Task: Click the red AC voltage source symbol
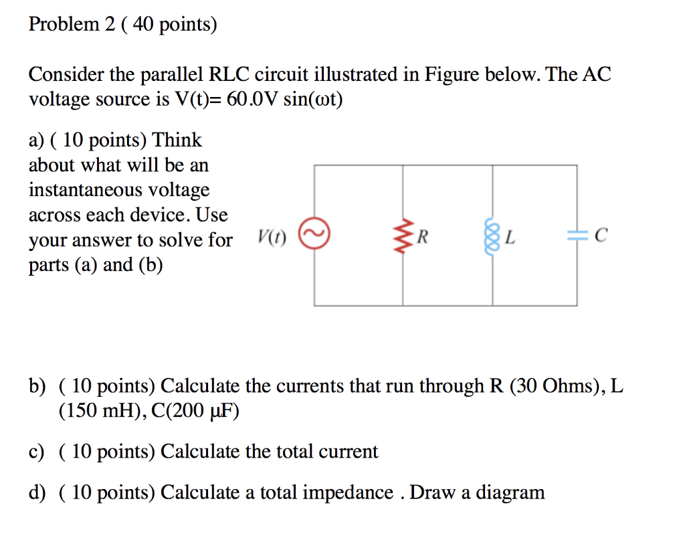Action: tap(314, 235)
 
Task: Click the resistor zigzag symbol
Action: tap(403, 235)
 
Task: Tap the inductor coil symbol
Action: tap(493, 235)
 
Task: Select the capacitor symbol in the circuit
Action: tap(577, 235)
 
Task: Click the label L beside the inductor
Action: tap(510, 236)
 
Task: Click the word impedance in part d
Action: tap(348, 493)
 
